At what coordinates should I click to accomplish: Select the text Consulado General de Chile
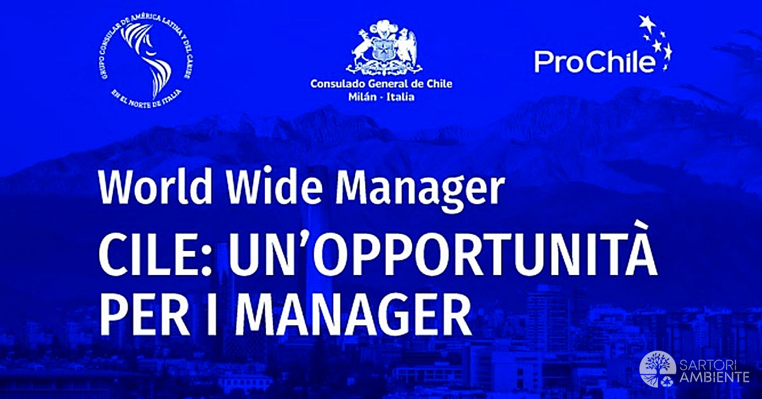(x=381, y=84)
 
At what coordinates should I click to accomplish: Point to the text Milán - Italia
(x=381, y=97)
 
